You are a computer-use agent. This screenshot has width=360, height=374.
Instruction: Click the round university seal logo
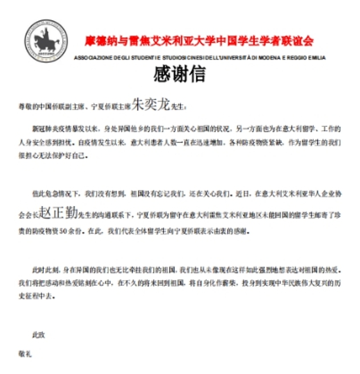46,41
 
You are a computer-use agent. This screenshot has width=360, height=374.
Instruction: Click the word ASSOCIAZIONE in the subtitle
92,58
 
